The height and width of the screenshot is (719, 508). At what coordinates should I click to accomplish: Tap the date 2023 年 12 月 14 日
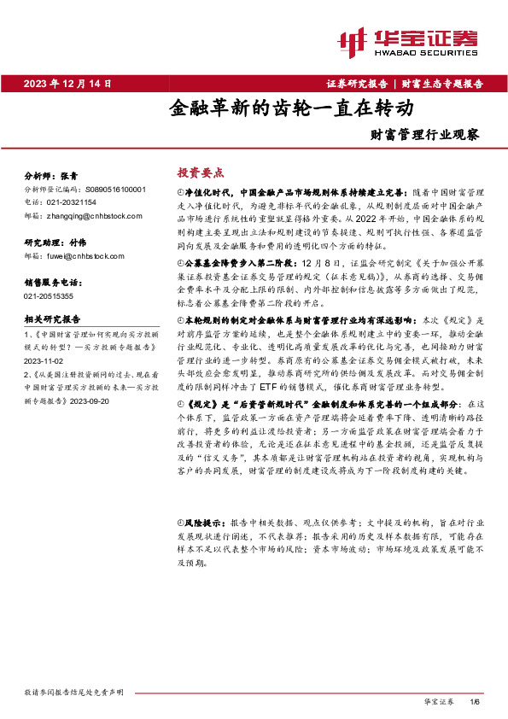click(x=68, y=83)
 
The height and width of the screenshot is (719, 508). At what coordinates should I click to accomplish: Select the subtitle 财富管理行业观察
click(x=424, y=134)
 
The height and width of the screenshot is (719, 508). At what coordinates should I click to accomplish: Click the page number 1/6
click(x=476, y=700)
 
